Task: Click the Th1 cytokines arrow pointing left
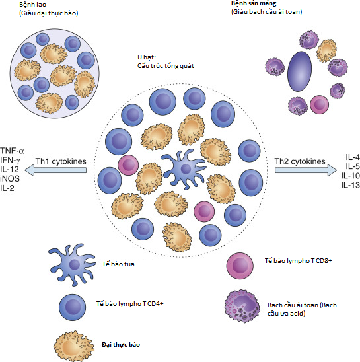55,170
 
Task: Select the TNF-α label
12,151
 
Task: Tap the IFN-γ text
10,160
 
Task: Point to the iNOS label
10,178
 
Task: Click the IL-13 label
351,185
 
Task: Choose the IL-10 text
351,176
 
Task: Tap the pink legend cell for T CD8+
240,265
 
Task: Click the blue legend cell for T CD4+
72,307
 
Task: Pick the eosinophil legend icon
242,307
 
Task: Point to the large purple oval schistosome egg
299,71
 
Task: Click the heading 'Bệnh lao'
32,5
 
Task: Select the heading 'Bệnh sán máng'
254,3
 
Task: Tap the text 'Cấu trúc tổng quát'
166,66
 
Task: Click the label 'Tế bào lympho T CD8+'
298,261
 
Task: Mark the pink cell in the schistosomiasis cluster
319,104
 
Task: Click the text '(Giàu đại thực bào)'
48,13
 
